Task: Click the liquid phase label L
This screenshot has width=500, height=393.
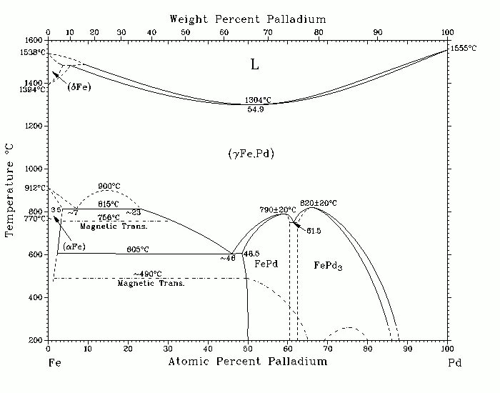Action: [x=254, y=65]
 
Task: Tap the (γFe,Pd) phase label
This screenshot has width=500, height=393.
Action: [x=248, y=154]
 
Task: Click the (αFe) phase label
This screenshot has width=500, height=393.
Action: [x=74, y=247]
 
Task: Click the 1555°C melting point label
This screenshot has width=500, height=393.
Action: [x=465, y=48]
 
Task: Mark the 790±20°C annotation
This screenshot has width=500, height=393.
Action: [x=278, y=209]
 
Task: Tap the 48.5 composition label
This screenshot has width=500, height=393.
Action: [x=251, y=254]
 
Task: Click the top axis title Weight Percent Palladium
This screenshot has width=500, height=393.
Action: [x=247, y=19]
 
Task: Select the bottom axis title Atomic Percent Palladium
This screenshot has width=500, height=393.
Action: [x=247, y=362]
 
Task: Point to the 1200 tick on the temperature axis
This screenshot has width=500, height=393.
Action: [x=33, y=126]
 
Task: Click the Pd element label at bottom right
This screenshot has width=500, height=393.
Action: [x=455, y=363]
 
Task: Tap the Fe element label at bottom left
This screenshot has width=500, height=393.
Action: [x=52, y=363]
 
